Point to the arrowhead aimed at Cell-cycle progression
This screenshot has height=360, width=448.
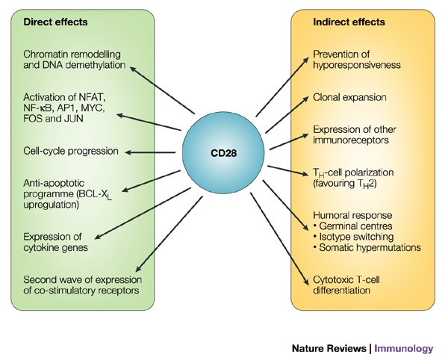point(128,152)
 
